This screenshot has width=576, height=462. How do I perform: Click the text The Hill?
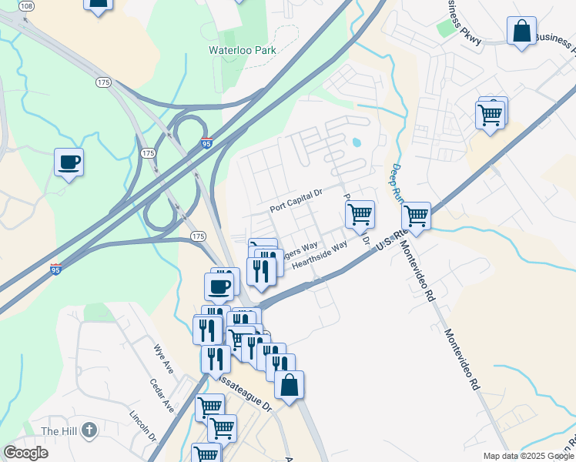tap(59, 430)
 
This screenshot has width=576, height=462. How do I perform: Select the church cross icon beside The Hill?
tap(89, 430)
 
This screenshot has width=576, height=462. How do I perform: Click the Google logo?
tap(25, 453)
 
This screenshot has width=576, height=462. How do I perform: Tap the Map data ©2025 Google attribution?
tap(527, 456)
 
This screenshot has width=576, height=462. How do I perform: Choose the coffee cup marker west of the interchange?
tap(69, 162)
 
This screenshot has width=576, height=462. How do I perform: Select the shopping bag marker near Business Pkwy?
tap(521, 32)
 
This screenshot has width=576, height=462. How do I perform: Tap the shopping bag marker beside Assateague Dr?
tap(289, 386)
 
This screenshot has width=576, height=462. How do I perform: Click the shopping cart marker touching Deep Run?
tap(416, 216)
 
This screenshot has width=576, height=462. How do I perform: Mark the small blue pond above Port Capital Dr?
tap(356, 142)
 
